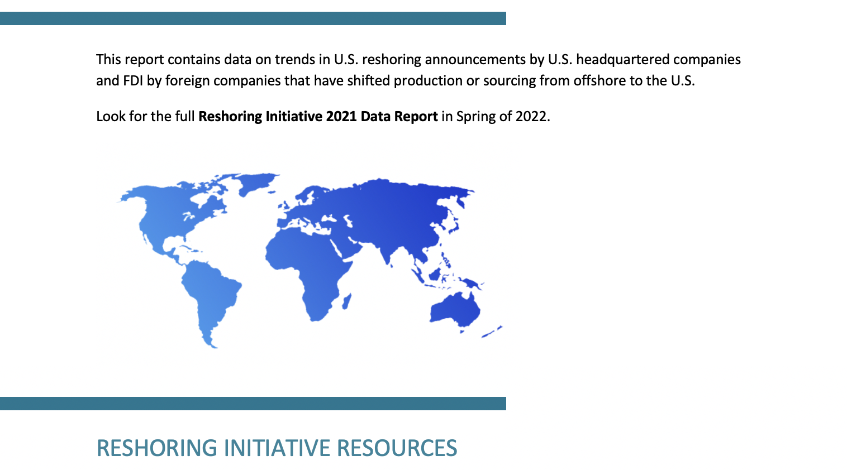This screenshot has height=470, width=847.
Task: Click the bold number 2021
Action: pos(341,116)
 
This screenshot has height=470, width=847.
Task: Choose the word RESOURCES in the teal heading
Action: pos(397,448)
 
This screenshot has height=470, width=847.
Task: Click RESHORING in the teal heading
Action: pos(157,448)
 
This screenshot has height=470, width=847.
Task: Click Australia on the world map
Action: pos(456,310)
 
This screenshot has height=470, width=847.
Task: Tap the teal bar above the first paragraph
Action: pos(253,18)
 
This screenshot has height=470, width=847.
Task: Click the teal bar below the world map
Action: pos(253,404)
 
